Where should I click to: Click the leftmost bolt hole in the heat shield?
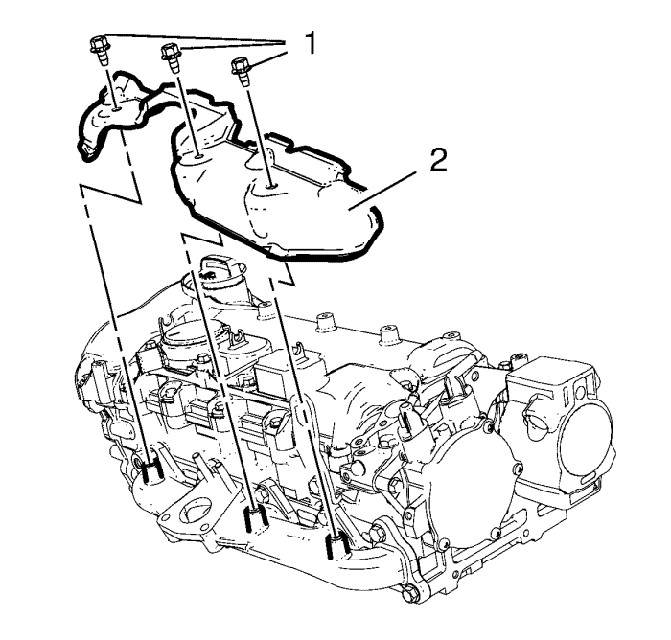(x=114, y=109)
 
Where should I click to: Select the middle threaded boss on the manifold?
(x=254, y=520)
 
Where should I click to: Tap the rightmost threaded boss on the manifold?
(x=334, y=545)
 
